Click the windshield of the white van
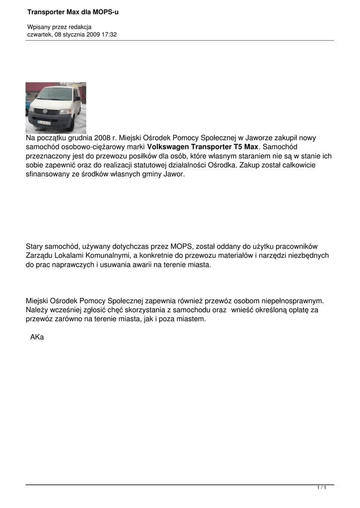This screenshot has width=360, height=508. point(54,94)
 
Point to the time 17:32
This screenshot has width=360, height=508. point(109,34)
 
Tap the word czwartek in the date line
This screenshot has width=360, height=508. point(39,34)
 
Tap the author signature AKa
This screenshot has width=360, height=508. point(37,337)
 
